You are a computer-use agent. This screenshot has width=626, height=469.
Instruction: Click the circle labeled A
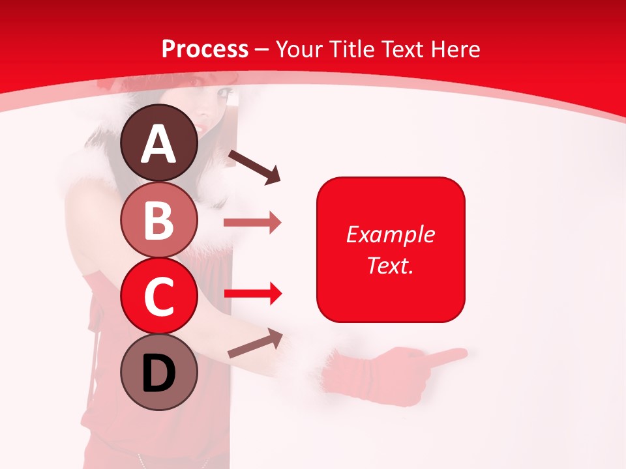click(x=159, y=143)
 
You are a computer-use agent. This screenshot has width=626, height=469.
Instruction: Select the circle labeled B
click(x=159, y=220)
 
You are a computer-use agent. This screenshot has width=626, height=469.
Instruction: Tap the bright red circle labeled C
click(x=159, y=296)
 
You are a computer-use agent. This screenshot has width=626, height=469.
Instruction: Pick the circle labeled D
click(x=159, y=372)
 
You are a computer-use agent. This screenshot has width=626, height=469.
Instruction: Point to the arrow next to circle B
click(x=252, y=223)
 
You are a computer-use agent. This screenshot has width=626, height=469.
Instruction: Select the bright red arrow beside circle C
click(x=252, y=294)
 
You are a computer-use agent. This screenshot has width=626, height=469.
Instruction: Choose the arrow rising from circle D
click(x=255, y=343)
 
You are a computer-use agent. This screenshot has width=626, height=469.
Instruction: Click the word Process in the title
click(x=205, y=49)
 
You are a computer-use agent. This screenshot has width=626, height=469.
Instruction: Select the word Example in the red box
click(x=390, y=234)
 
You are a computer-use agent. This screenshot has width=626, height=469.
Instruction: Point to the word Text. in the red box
click(x=390, y=265)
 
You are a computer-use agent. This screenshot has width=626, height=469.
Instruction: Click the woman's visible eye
click(x=224, y=93)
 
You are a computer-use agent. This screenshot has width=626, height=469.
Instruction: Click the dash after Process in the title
click(x=262, y=50)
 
